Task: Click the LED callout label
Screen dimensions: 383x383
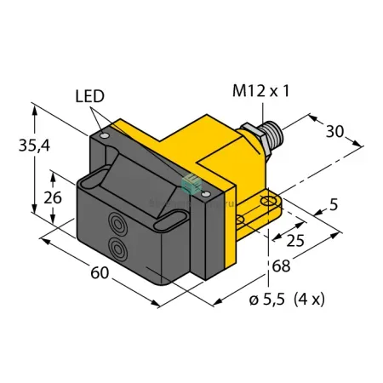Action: tap(90, 96)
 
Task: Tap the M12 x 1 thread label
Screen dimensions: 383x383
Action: tap(261, 91)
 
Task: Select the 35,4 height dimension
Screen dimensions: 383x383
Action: tap(34, 146)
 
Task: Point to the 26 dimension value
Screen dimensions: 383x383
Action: tap(53, 197)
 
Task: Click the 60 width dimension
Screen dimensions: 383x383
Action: tap(100, 272)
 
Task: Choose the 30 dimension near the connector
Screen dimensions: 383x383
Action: tap(334, 131)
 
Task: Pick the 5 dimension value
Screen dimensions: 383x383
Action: tap(334, 204)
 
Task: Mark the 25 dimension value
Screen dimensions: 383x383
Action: tap(295, 241)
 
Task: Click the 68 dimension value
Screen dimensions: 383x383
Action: tap(281, 266)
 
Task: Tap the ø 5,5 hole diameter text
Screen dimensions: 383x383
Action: tap(266, 300)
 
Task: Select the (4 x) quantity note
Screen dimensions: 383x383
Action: tap(309, 300)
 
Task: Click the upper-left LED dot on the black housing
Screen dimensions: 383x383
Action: tap(105, 136)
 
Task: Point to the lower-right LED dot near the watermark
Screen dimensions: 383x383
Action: tap(206, 194)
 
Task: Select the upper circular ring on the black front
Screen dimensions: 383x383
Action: tap(117, 224)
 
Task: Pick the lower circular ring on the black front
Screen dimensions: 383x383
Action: tap(117, 249)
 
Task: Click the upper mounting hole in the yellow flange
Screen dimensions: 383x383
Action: tap(269, 202)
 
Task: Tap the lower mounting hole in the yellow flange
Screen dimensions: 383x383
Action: tap(240, 220)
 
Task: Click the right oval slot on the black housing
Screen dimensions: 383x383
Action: tap(171, 220)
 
